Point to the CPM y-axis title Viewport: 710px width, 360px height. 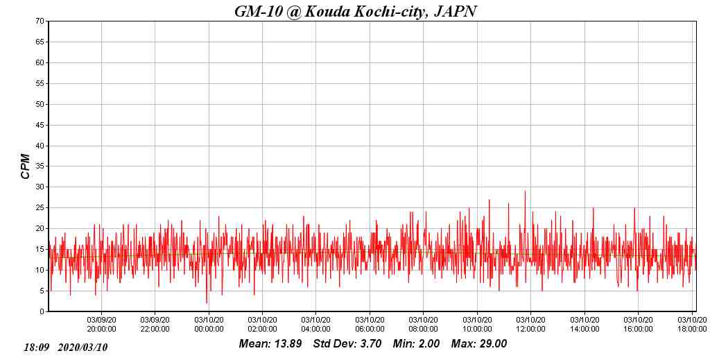click(26, 166)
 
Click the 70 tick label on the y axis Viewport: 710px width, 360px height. click(40, 22)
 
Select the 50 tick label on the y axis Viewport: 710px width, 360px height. click(40, 105)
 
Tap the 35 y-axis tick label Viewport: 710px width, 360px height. click(40, 166)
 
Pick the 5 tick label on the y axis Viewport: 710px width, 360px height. click(42, 291)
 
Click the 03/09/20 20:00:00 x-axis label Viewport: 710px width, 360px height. click(101, 324)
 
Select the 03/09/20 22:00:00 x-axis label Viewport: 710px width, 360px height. click(155, 324)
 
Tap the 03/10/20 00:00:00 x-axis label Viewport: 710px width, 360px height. click(209, 324)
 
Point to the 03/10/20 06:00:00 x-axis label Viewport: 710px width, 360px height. click(370, 324)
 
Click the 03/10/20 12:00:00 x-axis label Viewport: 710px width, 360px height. click(530, 324)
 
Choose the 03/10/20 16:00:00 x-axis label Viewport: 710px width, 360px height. click(638, 324)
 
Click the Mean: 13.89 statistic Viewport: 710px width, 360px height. click(270, 344)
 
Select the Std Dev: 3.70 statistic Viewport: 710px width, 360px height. click(347, 344)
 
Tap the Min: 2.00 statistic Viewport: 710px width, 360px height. click(416, 344)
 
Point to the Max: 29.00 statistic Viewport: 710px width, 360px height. click(479, 344)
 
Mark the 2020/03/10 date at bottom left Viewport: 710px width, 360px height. click(83, 347)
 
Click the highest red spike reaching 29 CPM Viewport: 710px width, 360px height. click(525, 192)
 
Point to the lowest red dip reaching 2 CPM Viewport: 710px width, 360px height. click(207, 302)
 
